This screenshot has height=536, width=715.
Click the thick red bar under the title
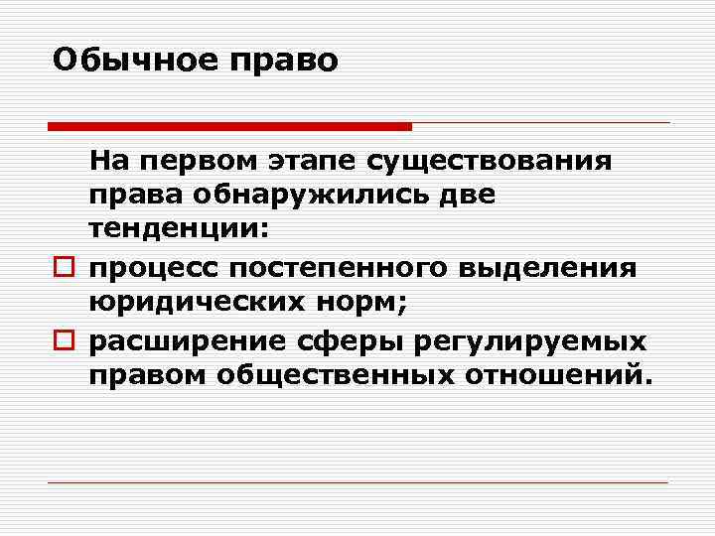pos(229,127)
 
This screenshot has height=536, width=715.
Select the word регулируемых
pos(522,342)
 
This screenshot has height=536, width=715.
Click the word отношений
pos(562,376)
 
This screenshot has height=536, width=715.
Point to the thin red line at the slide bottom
pos(357,482)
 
